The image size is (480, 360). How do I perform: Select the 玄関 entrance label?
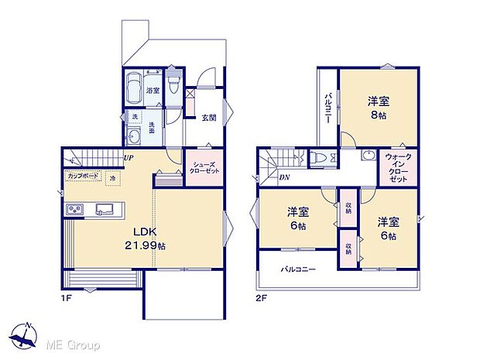(x=209, y=118)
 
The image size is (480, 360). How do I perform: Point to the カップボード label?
(x=82, y=177)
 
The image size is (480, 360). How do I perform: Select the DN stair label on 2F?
(x=284, y=177)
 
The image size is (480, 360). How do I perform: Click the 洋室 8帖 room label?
(x=378, y=107)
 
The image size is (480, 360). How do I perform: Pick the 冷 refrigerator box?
(x=113, y=178)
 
